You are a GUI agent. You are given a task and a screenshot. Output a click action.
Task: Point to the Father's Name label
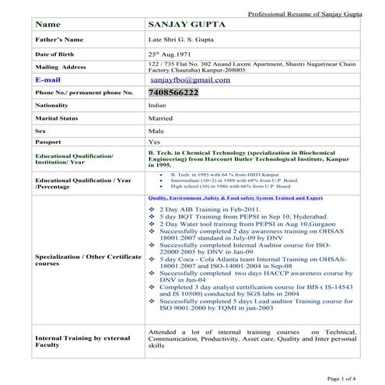(x=56, y=38)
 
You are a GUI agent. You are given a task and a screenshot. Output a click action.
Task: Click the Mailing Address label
(x=59, y=67)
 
